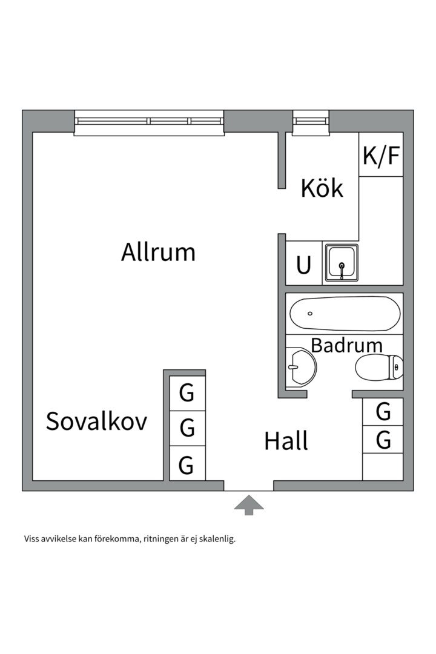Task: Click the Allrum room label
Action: (x=158, y=252)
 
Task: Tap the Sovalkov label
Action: (x=96, y=421)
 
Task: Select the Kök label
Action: (x=322, y=188)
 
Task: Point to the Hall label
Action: (x=286, y=441)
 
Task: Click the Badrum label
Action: (x=346, y=345)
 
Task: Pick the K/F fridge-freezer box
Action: (x=381, y=155)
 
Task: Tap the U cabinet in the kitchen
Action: (x=303, y=265)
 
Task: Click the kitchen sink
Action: (x=342, y=263)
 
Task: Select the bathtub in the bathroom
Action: (x=345, y=314)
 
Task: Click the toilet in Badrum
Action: (x=379, y=366)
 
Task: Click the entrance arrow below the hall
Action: (x=248, y=504)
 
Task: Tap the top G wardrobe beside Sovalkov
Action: (x=187, y=394)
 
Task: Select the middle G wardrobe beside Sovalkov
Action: (x=187, y=428)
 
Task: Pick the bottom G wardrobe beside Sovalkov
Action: (x=187, y=465)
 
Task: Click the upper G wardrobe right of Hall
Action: (x=383, y=412)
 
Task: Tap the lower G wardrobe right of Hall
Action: (x=383, y=440)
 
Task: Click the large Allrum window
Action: (x=149, y=121)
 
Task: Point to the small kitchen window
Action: (x=311, y=121)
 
